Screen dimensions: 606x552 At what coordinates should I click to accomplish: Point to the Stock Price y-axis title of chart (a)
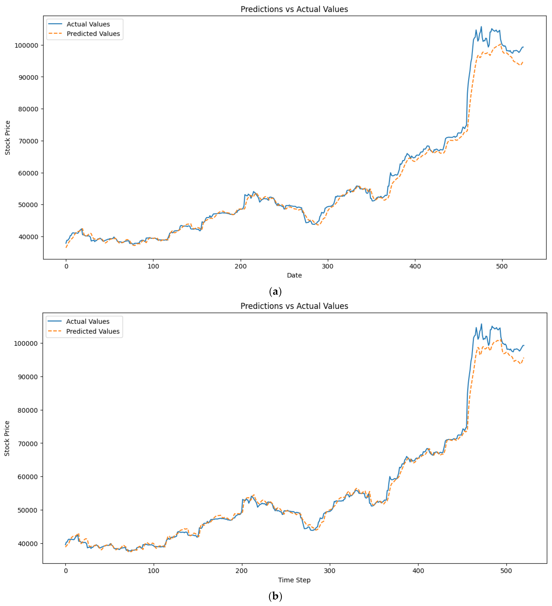click(7, 138)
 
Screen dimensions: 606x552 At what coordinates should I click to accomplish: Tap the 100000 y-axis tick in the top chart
click(27, 45)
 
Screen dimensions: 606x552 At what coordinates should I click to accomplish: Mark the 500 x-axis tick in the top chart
click(502, 266)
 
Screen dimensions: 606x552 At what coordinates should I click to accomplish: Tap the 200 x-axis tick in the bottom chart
click(241, 571)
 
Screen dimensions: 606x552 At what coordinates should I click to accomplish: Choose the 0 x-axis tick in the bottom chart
click(66, 571)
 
